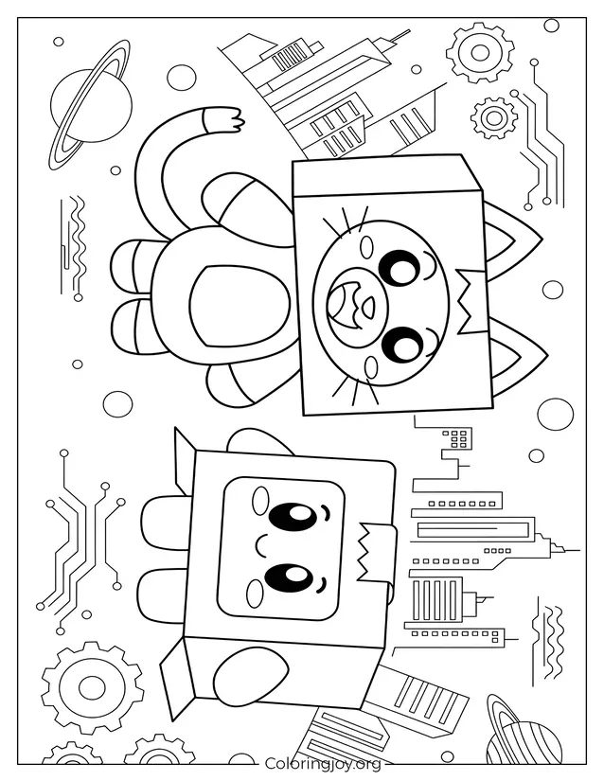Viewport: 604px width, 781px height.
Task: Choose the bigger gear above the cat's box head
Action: [x=480, y=52]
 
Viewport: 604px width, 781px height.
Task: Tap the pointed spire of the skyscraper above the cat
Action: [x=398, y=37]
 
